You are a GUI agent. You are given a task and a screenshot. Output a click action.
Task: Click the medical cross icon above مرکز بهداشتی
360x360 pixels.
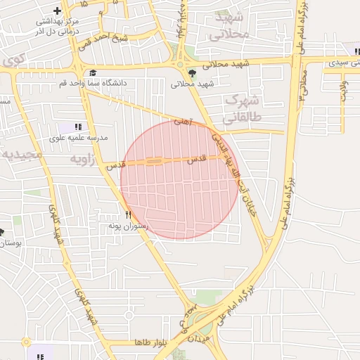point(57,11)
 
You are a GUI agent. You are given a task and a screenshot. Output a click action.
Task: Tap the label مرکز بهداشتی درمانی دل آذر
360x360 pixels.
point(58,27)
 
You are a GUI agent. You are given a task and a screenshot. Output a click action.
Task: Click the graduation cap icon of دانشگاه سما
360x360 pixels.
point(93,72)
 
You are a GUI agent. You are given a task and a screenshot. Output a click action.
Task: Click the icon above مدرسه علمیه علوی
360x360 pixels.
point(78,127)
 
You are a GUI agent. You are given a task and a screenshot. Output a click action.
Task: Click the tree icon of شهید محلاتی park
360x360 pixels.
point(191,72)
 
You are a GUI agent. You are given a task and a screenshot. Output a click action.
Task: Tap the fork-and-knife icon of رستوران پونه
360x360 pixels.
point(127,214)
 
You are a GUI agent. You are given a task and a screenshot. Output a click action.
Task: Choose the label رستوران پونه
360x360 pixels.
point(127,226)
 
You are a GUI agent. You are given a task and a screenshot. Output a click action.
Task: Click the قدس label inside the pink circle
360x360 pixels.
point(197,160)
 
